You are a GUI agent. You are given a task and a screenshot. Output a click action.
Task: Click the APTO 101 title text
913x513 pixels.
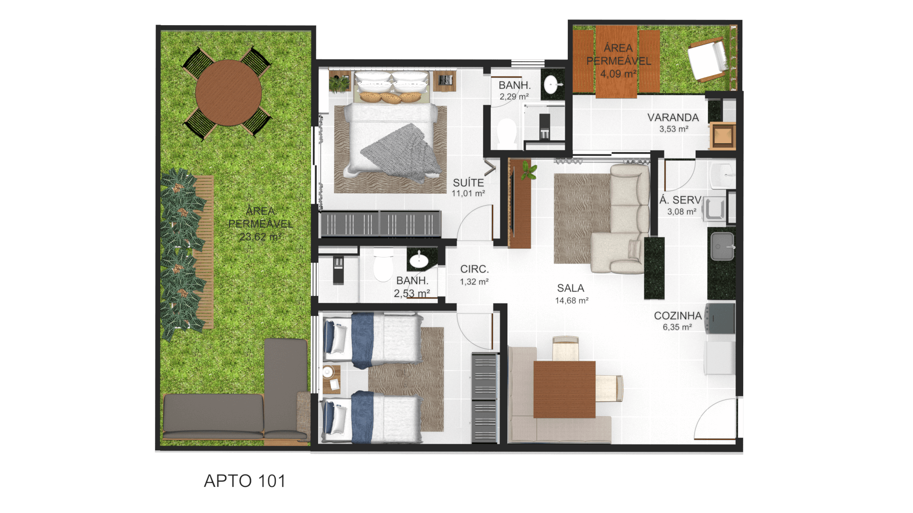tap(245, 481)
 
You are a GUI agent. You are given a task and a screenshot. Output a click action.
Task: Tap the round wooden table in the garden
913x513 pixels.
tap(228, 93)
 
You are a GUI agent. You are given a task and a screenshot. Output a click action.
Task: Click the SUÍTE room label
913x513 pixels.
tap(468, 183)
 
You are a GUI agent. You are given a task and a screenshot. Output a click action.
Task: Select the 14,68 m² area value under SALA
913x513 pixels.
tap(572, 301)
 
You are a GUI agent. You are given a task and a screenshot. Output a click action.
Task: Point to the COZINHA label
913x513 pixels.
tap(678, 316)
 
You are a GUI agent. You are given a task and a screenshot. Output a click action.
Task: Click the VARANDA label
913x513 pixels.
tap(673, 117)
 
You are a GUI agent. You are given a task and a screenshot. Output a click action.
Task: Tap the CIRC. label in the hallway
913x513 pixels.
tap(475, 269)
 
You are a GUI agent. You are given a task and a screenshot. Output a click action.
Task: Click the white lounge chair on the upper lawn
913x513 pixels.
tap(708, 59)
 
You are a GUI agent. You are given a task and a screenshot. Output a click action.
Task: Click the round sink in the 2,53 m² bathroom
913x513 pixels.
tap(418, 260)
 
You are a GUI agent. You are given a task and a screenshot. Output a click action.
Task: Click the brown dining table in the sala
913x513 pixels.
tap(564, 389)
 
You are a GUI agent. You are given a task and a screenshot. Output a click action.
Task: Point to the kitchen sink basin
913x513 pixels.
tap(722, 246)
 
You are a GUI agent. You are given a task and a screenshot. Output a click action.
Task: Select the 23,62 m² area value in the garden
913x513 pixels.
tap(261, 237)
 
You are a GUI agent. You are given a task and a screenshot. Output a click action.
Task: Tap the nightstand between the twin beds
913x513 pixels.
tap(331, 379)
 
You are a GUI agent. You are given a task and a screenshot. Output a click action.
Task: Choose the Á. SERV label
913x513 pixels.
tap(680, 200)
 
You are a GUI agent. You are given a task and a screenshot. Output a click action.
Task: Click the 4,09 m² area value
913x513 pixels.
tap(618, 74)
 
